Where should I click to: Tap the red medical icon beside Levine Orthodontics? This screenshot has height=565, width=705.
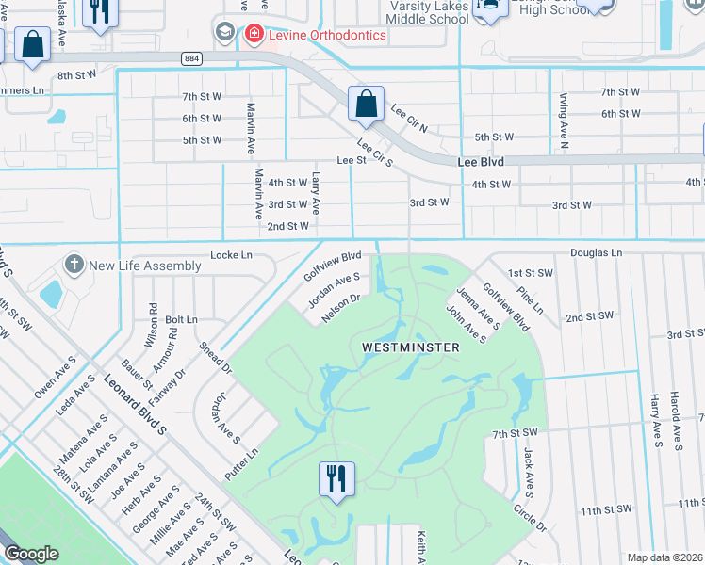coord(254,35)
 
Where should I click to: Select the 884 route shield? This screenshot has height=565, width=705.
coord(192,58)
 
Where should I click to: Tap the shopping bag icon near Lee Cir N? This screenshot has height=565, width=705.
coord(366,104)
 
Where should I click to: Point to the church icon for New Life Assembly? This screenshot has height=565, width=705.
coord(74,266)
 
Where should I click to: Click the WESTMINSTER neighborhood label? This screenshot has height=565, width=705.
coord(411,347)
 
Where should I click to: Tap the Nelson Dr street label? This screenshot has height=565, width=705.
coord(341,307)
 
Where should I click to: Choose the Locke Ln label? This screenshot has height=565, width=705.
coord(232,255)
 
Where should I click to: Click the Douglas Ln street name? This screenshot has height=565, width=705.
coord(597,253)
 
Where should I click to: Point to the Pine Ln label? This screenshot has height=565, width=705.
coord(533,297)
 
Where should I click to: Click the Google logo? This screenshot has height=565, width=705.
coord(31,554)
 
